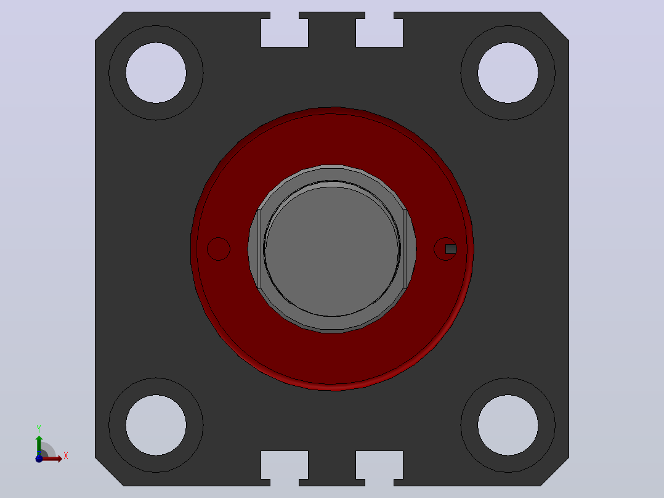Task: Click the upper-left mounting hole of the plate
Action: tap(156, 73)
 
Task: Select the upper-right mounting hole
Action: tap(508, 73)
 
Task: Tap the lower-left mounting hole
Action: tap(156, 425)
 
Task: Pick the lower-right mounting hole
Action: tap(508, 425)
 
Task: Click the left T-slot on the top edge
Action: tap(285, 30)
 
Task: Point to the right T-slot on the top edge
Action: tap(379, 30)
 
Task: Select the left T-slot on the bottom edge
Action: tap(285, 468)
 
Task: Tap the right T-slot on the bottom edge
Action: tap(379, 468)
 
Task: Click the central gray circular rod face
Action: tap(331, 249)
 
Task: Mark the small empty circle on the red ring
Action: tap(219, 249)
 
